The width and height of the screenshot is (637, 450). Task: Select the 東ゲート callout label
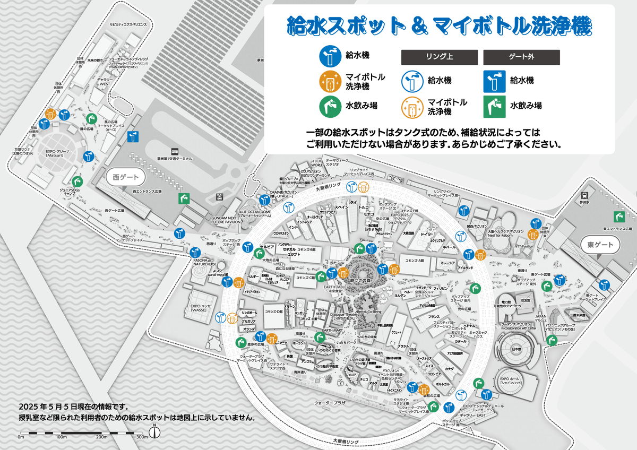coord(600,245)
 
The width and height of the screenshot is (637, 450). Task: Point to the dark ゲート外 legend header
coord(521,57)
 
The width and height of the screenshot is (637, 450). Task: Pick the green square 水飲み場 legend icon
coord(493,106)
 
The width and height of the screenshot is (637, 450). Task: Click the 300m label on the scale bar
coord(142,437)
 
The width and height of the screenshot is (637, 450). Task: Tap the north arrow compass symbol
coord(154,431)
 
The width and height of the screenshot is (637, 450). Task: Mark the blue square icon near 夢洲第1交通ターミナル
coord(133,137)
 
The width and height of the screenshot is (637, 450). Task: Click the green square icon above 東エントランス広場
coord(617,217)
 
